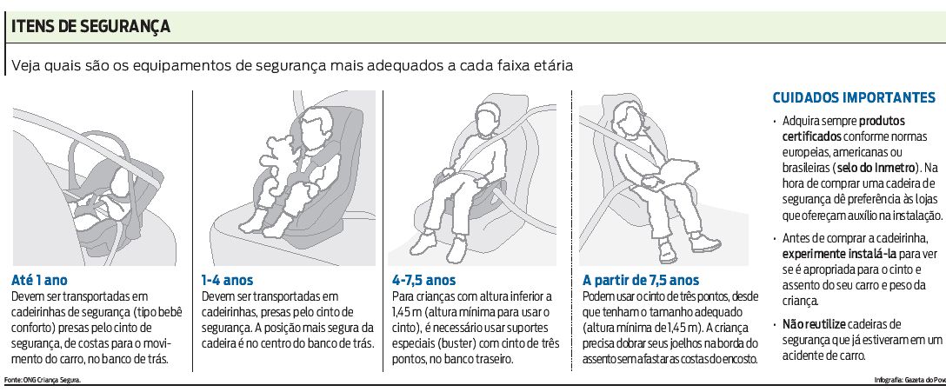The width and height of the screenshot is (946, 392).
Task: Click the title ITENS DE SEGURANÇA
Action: (90, 27)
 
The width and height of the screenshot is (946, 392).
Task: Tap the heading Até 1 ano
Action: (40, 281)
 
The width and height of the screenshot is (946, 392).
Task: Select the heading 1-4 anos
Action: (228, 281)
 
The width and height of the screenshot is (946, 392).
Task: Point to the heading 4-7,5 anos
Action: (423, 281)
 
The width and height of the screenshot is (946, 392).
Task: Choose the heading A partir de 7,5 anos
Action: (641, 281)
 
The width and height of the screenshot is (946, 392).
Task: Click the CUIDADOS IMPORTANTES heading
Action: (854, 97)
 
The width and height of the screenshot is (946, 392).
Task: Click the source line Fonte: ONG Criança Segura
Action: (43, 380)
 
